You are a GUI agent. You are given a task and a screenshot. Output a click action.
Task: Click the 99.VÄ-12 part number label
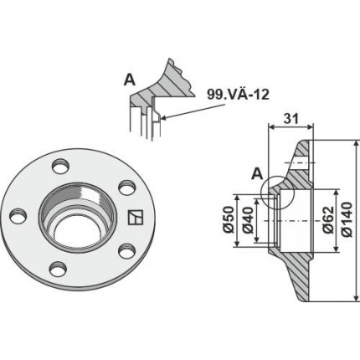click(238, 94)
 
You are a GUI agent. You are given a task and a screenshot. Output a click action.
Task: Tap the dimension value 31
click(291, 119)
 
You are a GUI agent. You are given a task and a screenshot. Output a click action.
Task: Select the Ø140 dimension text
click(347, 219)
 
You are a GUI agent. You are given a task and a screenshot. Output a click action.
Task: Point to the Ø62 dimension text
click(327, 219)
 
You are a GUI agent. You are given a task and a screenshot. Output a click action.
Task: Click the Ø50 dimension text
click(228, 219)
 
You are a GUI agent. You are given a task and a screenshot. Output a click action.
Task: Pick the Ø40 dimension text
click(247, 219)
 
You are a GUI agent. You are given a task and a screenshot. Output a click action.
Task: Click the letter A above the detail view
click(130, 80)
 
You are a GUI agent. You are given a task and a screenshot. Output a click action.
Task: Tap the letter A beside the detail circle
click(257, 174)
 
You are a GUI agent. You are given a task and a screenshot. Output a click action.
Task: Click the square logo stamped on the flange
click(135, 217)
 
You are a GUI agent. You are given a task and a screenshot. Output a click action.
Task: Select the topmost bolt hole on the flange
click(60, 166)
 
